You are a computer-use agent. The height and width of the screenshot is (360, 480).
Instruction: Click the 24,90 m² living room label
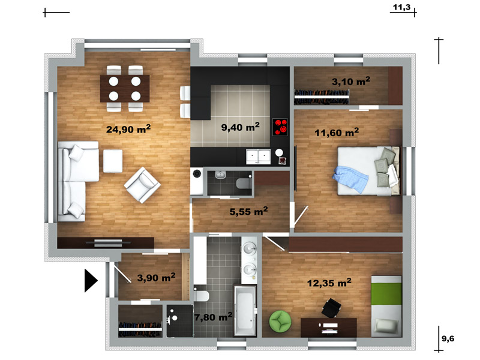click(128, 129)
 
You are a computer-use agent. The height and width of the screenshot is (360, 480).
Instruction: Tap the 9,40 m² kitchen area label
click(241, 127)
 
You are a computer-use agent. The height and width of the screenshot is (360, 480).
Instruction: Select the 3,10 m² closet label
click(351, 82)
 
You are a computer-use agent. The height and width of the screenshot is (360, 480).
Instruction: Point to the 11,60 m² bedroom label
click(337, 133)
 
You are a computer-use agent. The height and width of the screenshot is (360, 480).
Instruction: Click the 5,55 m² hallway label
click(248, 211)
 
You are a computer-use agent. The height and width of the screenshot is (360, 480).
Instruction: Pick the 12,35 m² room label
click(329, 283)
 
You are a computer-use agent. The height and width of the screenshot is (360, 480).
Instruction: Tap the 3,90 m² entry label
click(156, 278)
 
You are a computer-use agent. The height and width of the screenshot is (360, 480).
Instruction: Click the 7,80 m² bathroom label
click(214, 317)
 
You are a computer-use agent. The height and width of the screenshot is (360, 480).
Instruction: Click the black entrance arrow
click(91, 280)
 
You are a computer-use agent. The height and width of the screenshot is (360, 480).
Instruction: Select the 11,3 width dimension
click(401, 7)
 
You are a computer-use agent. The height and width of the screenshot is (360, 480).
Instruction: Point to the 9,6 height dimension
click(448, 338)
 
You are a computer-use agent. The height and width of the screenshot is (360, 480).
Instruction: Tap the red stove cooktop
click(280, 127)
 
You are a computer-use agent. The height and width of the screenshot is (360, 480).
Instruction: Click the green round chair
click(280, 321)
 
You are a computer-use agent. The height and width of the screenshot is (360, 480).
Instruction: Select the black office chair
click(331, 308)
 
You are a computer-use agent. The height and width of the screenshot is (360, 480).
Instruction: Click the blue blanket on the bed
click(350, 179)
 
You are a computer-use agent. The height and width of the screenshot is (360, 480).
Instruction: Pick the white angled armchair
click(142, 185)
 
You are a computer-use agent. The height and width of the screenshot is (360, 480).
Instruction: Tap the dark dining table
click(125, 88)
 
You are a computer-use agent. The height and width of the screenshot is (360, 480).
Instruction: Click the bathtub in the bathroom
click(245, 310)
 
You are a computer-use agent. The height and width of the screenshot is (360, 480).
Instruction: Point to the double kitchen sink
click(259, 157)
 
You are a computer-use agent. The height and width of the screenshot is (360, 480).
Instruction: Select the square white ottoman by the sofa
click(113, 161)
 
